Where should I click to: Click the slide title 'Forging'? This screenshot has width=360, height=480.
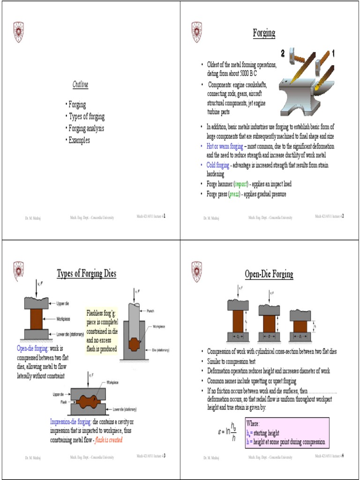pos(264,33)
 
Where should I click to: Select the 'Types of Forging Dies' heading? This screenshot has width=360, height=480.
pos(86,273)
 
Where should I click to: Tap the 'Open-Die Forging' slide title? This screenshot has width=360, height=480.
pos(269,274)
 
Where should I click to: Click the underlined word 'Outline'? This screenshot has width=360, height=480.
pos(80,84)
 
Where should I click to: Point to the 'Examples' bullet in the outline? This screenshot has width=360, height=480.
pos(78,140)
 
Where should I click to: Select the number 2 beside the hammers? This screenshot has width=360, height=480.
pos(282,52)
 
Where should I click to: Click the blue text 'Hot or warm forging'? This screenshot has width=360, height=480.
pos(225,146)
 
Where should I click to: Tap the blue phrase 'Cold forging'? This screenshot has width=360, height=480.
pos(218,165)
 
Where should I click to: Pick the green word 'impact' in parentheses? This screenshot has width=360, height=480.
pos(238,184)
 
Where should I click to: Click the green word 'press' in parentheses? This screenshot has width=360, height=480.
pos(234,194)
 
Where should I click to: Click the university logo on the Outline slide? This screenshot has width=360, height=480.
pos(18,31)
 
